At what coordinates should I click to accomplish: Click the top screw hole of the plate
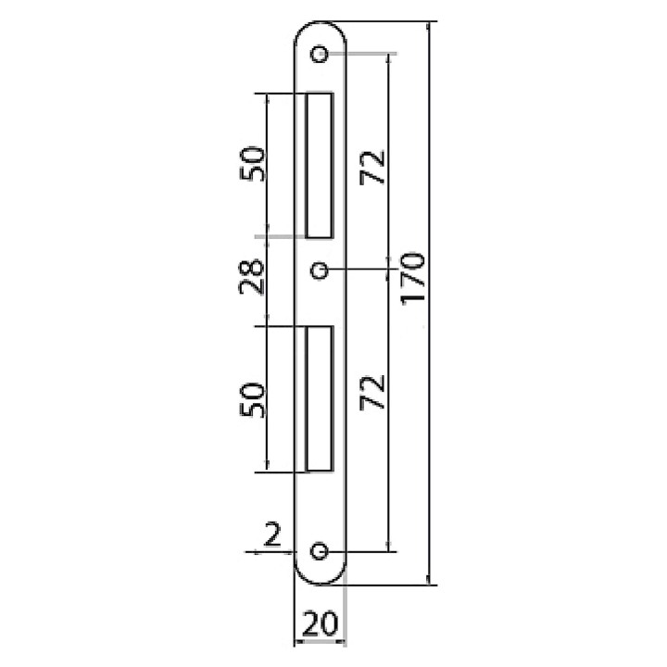pos(319,54)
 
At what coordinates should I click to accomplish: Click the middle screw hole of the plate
pos(319,271)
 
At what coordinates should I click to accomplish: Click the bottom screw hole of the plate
pos(319,551)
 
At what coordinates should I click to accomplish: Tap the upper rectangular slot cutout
pos(320,165)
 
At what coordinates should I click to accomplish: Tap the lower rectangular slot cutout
pos(320,399)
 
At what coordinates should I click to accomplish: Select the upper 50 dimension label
pos(252,164)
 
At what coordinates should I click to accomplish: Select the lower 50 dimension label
pos(252,400)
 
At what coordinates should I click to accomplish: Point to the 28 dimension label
pos(251,276)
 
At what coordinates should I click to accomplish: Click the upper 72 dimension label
pos(371,168)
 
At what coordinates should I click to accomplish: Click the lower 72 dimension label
pos(371,392)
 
